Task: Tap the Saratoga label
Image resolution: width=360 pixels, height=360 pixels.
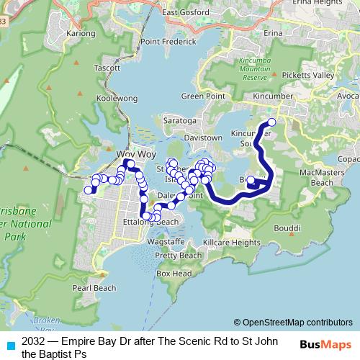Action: (x=180, y=120)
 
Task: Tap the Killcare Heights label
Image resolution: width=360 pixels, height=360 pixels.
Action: (x=232, y=243)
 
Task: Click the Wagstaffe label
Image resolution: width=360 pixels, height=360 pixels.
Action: (x=166, y=243)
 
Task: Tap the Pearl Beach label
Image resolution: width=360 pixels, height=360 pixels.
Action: (x=94, y=288)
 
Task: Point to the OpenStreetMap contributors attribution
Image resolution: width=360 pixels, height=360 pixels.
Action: (x=297, y=323)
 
